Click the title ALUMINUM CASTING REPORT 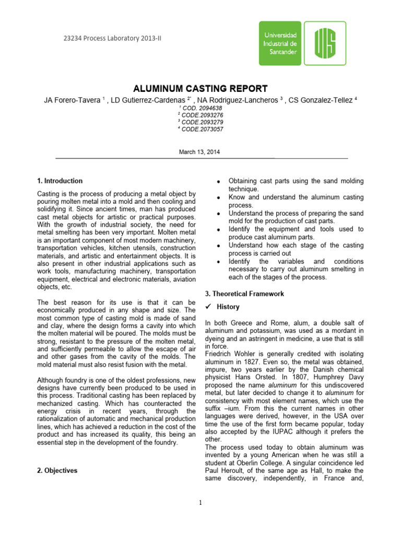click(x=200, y=88)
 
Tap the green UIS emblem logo click(x=325, y=43)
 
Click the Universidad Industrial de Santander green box click(x=280, y=43)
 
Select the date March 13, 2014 click(x=200, y=152)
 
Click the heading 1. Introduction click(x=60, y=181)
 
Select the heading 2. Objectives click(x=57, y=470)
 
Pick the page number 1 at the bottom click(x=200, y=503)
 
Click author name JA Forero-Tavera click(x=72, y=100)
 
